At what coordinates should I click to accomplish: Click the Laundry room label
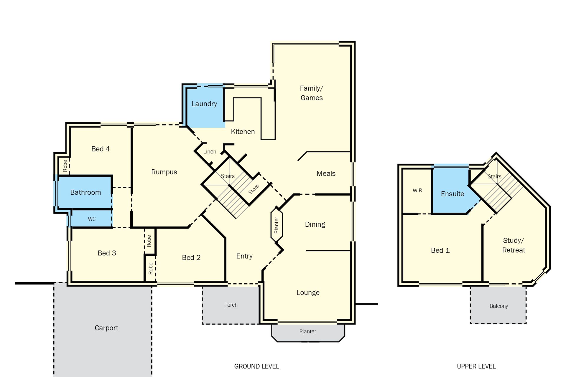click(204, 104)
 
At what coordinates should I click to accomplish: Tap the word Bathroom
click(85, 192)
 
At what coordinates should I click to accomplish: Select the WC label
click(92, 219)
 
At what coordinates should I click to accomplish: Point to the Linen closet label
click(210, 152)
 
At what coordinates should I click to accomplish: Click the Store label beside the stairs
click(254, 189)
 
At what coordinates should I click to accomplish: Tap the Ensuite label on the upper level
click(453, 194)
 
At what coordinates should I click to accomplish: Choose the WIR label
click(417, 191)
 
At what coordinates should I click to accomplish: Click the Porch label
click(231, 305)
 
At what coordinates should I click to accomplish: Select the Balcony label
click(499, 306)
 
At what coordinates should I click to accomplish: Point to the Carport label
click(106, 328)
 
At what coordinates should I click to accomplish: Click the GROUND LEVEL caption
click(256, 366)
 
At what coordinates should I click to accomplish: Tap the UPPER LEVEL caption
click(476, 366)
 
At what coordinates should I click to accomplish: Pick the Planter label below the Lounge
click(308, 331)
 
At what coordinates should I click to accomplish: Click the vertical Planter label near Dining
click(277, 225)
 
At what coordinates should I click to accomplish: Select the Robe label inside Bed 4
click(65, 166)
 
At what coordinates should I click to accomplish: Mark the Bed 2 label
click(191, 258)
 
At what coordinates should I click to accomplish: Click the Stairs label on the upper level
click(494, 176)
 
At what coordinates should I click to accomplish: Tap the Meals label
click(326, 173)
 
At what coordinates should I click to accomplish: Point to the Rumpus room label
click(164, 172)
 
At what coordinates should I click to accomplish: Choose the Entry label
click(244, 256)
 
